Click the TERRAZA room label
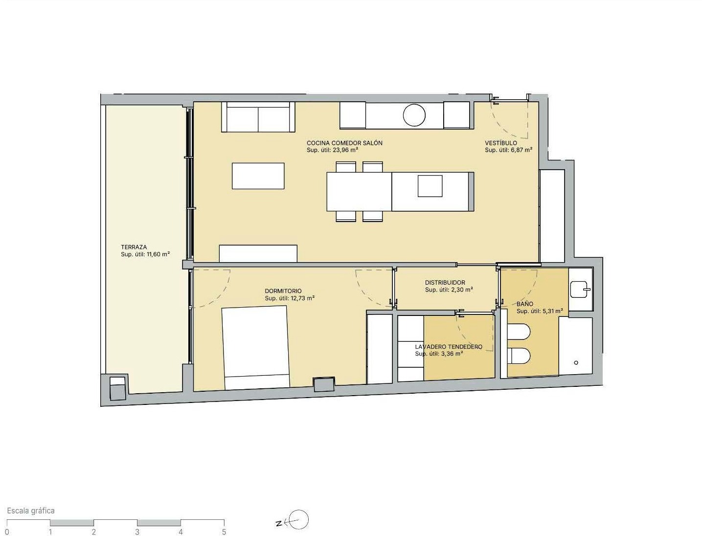click(x=134, y=247)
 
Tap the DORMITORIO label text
click(x=283, y=291)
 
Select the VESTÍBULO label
click(x=500, y=143)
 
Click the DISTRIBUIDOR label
click(x=445, y=283)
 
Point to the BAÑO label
click(x=525, y=304)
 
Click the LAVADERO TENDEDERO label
click(x=449, y=347)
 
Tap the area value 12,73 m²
click(x=302, y=298)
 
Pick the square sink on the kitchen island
click(x=430, y=186)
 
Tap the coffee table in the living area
click(x=258, y=176)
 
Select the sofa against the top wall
click(x=258, y=117)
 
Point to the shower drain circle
click(x=576, y=363)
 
